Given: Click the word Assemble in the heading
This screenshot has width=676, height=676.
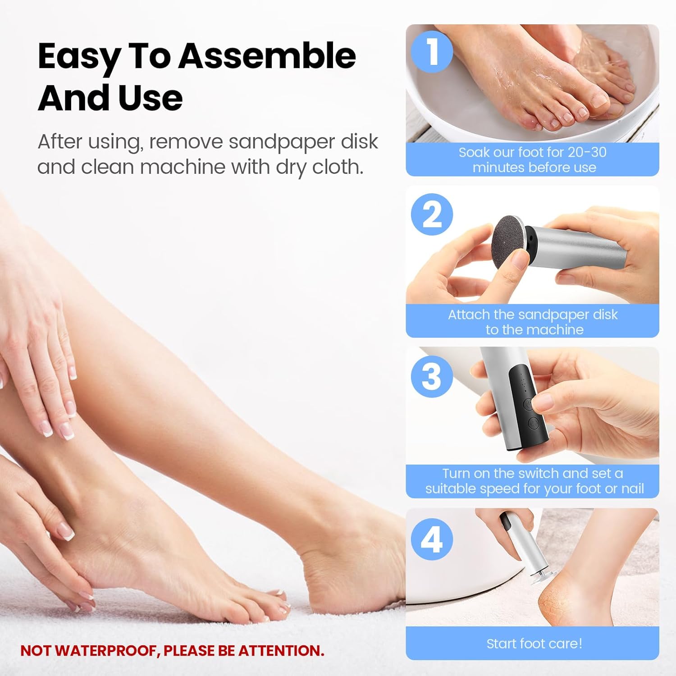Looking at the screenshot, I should click(267, 56).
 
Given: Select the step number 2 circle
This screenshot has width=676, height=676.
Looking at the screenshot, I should click(432, 215).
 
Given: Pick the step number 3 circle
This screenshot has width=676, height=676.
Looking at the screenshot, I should click(432, 376).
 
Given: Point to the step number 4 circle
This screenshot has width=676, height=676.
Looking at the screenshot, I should click(432, 539).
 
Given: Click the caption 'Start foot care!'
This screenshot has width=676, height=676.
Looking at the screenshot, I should click(534, 643).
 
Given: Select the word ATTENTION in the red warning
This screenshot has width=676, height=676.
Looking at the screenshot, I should click(281, 651).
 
